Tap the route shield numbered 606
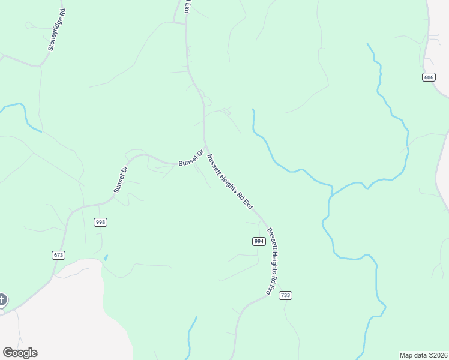428,77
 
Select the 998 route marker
100,222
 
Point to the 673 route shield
58,255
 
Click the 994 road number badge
259,241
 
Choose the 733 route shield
285,295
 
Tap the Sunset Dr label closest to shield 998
121,179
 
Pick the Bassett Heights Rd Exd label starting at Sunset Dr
229,181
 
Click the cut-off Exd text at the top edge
187,7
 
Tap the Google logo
20,353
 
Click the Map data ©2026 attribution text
424,355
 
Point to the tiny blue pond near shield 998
106,258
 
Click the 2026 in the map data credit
439,355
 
